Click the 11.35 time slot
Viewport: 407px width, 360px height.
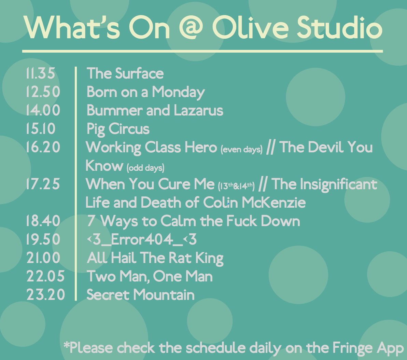pos(40,74)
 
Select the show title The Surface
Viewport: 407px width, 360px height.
pos(125,74)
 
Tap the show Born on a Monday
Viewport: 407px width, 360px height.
pos(145,92)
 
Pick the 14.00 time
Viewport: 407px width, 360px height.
pos(43,111)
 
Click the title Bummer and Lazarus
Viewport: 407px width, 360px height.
pos(155,111)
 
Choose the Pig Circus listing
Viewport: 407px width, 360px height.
pos(118,129)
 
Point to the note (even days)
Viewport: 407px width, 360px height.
pos(241,150)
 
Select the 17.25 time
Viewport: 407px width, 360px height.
pos(43,184)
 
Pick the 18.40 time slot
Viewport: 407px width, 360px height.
pos(43,221)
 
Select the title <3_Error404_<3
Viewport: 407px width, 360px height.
pos(142,240)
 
